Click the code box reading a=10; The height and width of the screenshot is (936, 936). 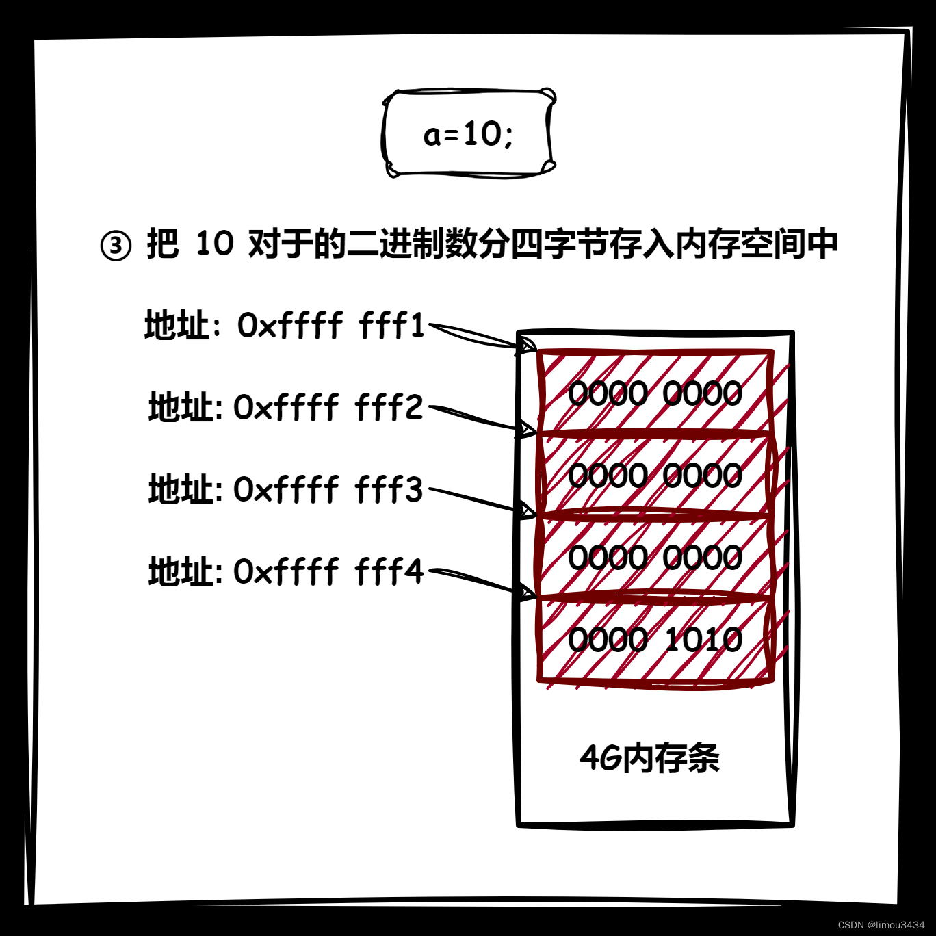tap(469, 133)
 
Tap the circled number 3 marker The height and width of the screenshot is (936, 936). tap(116, 246)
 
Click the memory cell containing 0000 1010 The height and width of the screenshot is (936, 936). tap(655, 640)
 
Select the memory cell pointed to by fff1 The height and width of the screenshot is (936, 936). tap(655, 393)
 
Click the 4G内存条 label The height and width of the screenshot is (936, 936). tap(649, 758)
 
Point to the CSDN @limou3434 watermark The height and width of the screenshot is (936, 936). tap(881, 924)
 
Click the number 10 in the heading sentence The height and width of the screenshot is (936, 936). tap(214, 244)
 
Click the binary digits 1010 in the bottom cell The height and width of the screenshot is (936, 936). tap(703, 640)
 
